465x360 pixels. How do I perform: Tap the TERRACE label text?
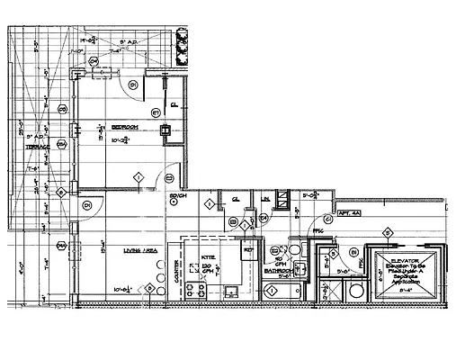coord(36,146)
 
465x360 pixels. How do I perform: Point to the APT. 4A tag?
coord(349,213)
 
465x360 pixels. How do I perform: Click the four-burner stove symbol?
coord(194,290)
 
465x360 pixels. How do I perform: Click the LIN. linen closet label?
coord(266,199)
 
